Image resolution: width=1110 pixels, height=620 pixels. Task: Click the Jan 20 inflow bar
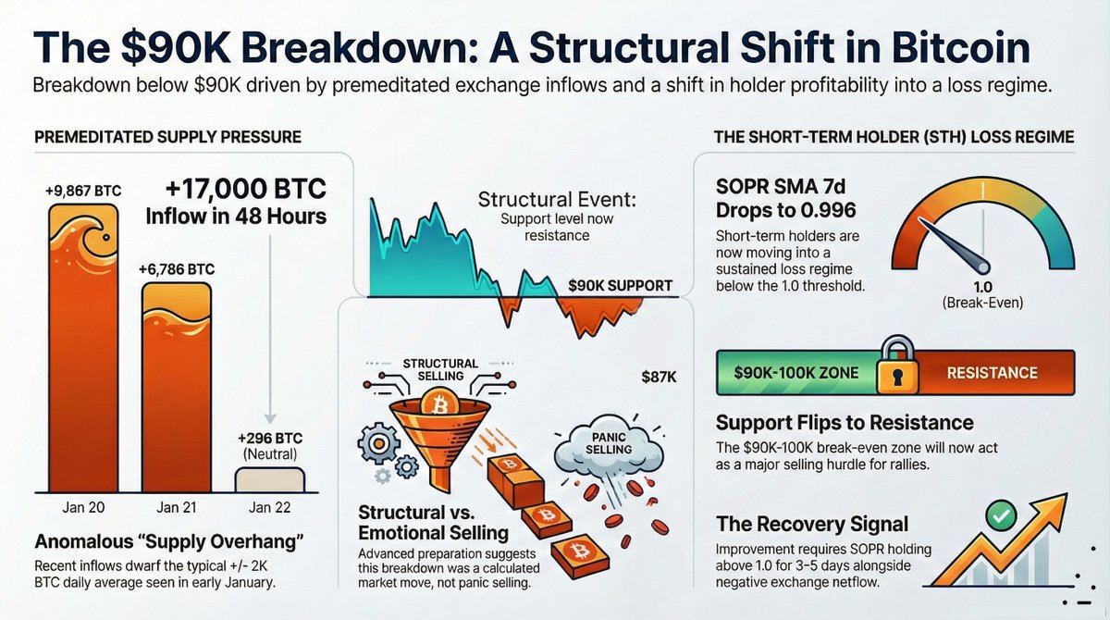click(x=83, y=349)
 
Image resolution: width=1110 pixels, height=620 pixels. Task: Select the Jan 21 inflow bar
click(x=177, y=388)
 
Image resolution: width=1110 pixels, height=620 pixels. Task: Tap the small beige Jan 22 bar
click(x=269, y=479)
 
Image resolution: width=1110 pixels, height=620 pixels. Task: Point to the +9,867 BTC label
click(x=83, y=191)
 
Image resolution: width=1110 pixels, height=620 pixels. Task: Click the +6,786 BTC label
click(x=177, y=269)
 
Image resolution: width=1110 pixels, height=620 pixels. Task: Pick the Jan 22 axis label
click(x=269, y=507)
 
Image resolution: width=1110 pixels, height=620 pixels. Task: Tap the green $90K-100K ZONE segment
click(x=796, y=373)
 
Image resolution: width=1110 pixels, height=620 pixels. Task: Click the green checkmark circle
click(x=1001, y=515)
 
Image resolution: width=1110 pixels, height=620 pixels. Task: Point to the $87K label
click(x=659, y=378)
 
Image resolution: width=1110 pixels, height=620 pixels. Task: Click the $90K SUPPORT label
click(x=620, y=285)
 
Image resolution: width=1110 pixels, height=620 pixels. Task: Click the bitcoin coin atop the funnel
click(x=439, y=403)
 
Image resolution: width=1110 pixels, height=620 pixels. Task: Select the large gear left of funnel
click(x=379, y=443)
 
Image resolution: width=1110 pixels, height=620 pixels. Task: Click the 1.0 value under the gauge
click(x=982, y=287)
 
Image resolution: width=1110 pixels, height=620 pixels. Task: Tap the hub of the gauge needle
click(x=982, y=267)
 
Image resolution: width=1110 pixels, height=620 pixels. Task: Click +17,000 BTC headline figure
click(x=246, y=189)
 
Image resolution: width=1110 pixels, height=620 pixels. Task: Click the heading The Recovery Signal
click(x=812, y=525)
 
